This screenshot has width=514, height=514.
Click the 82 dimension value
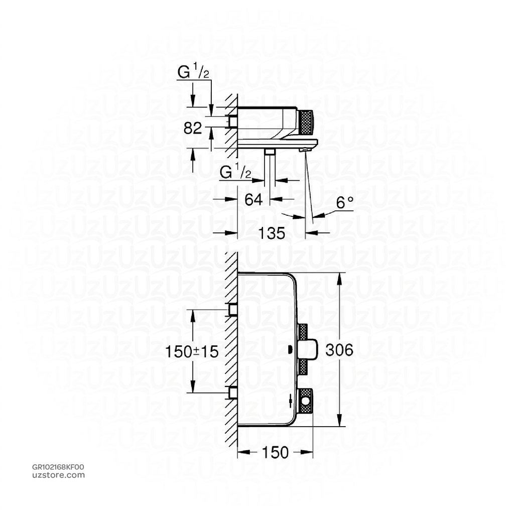pyautogui.click(x=192, y=128)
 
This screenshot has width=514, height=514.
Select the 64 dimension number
pyautogui.click(x=253, y=199)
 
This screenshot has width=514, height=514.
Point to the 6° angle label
pyautogui.click(x=344, y=203)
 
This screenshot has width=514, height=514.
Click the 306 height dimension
pyautogui.click(x=339, y=350)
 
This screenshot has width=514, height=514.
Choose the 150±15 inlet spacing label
pyautogui.click(x=192, y=351)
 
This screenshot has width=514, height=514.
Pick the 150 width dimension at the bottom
pyautogui.click(x=275, y=452)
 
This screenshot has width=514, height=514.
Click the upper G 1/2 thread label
pyautogui.click(x=193, y=73)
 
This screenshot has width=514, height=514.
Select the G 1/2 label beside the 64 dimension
pyautogui.click(x=236, y=173)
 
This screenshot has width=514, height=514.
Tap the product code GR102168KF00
pyautogui.click(x=58, y=467)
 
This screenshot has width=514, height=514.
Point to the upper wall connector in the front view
pyautogui.click(x=233, y=310)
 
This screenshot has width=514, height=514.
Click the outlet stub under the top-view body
pyautogui.click(x=270, y=152)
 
